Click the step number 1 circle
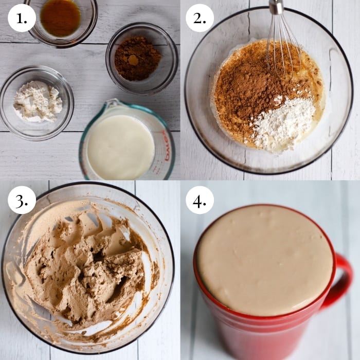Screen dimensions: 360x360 [x=22, y=18]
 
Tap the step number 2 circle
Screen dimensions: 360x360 [x=200, y=18]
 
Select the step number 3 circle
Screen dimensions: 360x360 [x=22, y=200]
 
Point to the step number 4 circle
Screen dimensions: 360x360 [x=200, y=200]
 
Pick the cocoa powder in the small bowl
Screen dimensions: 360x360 [x=137, y=59]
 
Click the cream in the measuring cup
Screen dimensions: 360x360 [x=121, y=147]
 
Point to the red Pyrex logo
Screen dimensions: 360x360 [x=167, y=145]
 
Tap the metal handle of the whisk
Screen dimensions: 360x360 [x=276, y=6]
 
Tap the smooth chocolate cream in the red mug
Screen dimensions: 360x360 [x=264, y=259]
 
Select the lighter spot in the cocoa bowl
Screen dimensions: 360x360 [x=133, y=60]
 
